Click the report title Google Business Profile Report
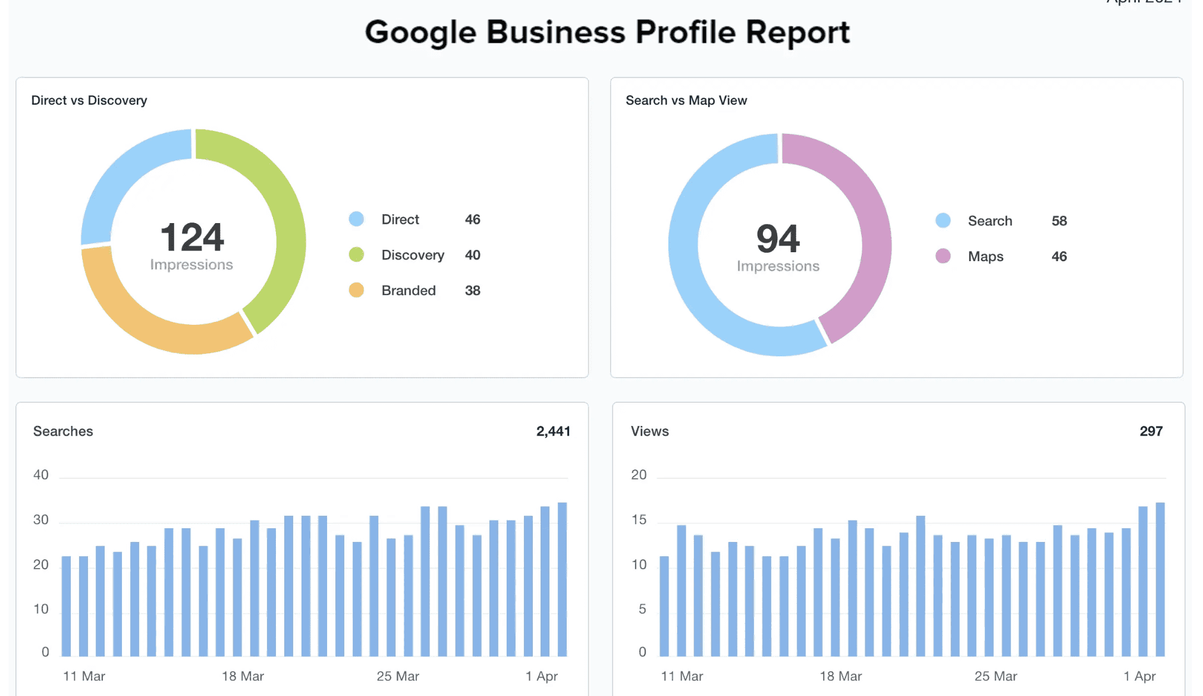pos(607,32)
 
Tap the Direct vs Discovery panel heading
pos(89,101)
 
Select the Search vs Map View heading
pos(686,101)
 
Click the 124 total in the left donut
pos(192,238)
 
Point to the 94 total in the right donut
pos(778,239)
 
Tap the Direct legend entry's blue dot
pos(356,220)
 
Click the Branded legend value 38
pos(472,291)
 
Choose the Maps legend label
pos(985,257)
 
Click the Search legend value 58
pos(1058,221)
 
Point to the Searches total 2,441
pos(552,431)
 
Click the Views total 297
pos(1151,431)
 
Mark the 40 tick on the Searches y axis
pos(41,475)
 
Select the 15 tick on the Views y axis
pos(639,521)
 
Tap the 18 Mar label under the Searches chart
pos(243,676)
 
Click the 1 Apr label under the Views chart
pos(1139,676)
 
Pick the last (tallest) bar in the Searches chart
pos(562,580)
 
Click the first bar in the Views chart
pos(664,607)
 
